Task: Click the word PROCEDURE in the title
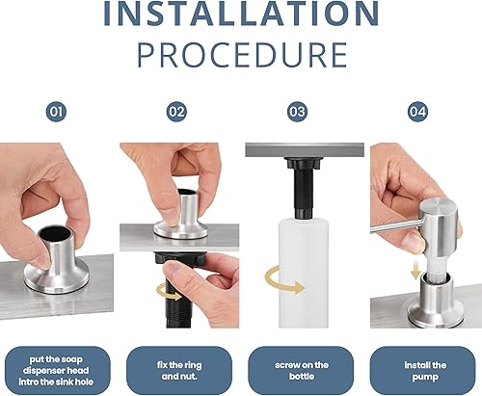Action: tap(240, 54)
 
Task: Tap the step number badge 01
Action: tap(57, 111)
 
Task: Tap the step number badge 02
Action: tap(176, 111)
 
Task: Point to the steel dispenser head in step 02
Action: tap(182, 216)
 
